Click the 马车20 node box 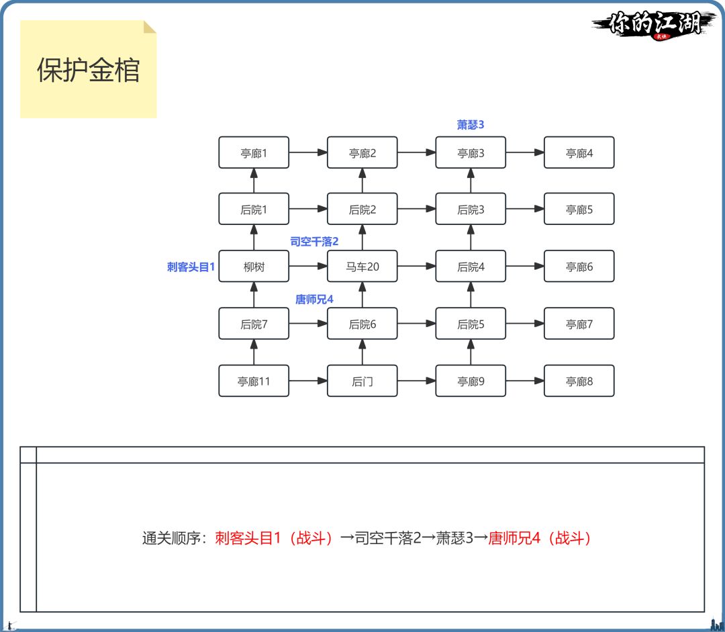coord(362,267)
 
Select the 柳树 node coord(254,267)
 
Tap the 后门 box coord(362,381)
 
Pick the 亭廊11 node coord(254,381)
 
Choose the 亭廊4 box coord(579,153)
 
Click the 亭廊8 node coord(579,381)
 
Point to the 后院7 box coord(254,324)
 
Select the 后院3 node coord(471,210)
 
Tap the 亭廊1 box coord(254,153)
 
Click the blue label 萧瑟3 coord(471,125)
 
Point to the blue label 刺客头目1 coord(191,267)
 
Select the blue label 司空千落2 coord(314,241)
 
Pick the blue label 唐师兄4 coord(314,299)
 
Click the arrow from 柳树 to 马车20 coord(308,267)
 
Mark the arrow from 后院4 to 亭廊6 coord(525,267)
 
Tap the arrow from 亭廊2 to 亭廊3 coord(416,153)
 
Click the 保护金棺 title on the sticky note coord(88,71)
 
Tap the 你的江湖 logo coord(655,24)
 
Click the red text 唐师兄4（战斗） coord(541,539)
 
